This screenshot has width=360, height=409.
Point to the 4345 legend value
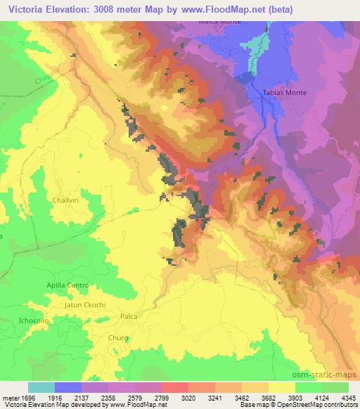347,398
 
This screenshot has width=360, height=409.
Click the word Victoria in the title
29,8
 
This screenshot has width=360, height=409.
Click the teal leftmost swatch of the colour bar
41,387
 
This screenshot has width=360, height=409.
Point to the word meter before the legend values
10,398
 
